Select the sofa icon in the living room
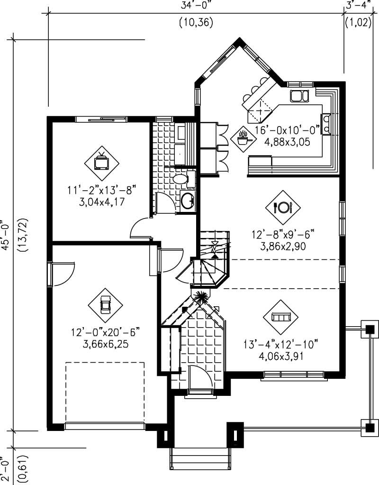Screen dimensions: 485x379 coord(282,317)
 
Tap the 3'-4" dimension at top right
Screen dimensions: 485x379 coord(358,6)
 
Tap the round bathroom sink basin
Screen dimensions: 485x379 coord(187,201)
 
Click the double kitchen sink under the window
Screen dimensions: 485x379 coord(299,96)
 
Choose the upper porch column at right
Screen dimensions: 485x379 coord(370,328)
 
